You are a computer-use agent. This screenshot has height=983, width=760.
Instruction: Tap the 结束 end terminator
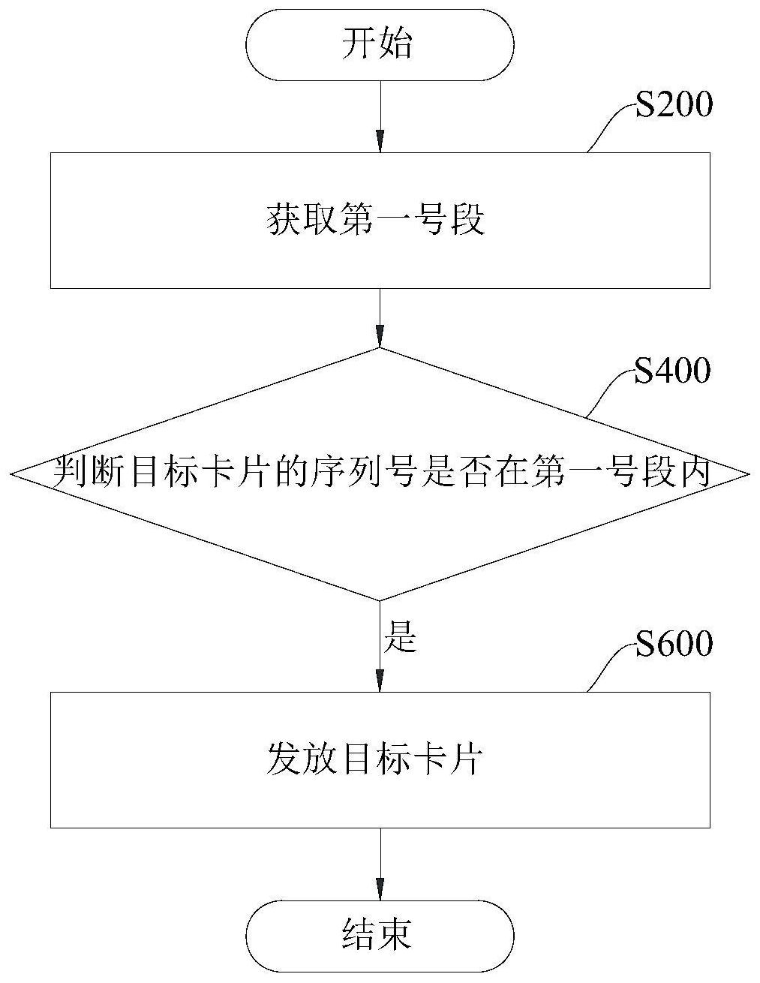[380, 935]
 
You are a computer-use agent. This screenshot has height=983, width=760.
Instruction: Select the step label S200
[673, 106]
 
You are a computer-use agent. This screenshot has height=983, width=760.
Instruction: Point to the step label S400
[672, 371]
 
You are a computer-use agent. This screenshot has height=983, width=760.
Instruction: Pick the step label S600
[673, 645]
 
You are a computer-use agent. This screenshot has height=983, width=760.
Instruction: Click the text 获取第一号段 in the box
[376, 221]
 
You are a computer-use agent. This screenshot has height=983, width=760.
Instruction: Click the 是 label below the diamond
[399, 638]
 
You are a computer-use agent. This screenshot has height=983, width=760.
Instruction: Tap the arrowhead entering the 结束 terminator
[380, 889]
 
